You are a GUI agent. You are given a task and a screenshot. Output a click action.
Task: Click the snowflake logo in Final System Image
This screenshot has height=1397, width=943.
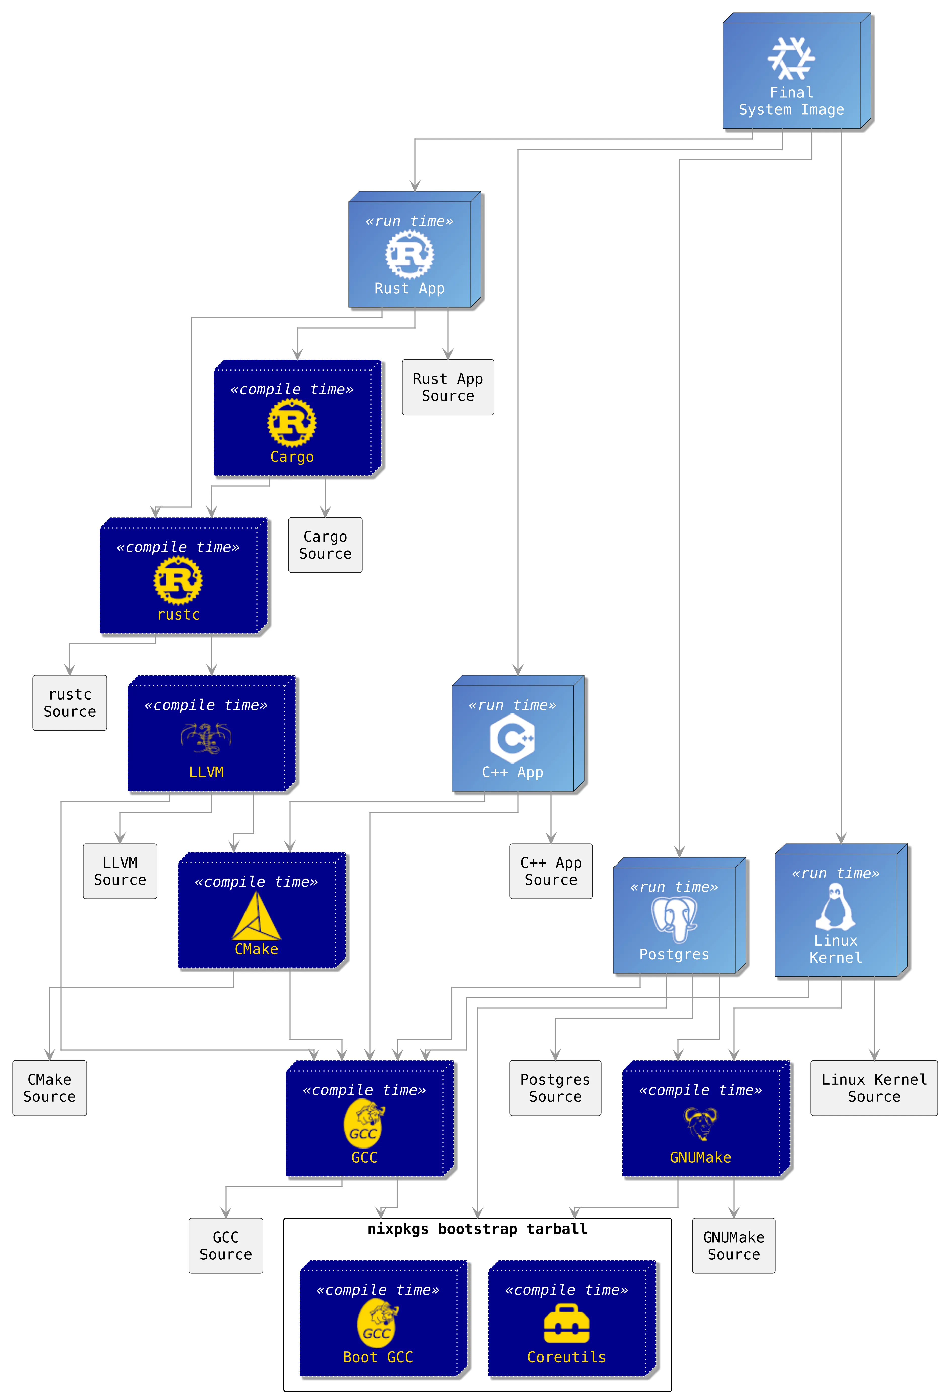pyautogui.click(x=791, y=58)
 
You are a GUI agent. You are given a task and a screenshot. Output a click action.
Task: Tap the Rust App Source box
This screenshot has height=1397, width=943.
pyautogui.click(x=448, y=387)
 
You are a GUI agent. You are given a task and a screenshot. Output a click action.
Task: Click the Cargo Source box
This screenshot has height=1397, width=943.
pyautogui.click(x=325, y=545)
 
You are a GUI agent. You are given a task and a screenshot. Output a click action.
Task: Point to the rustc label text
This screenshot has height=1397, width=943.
pyautogui.click(x=179, y=614)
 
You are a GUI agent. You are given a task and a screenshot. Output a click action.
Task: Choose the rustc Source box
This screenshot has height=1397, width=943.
pyautogui.click(x=70, y=703)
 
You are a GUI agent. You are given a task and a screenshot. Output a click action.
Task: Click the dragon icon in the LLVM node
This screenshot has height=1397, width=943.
pyautogui.click(x=206, y=738)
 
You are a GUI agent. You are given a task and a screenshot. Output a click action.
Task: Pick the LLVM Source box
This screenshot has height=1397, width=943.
pyautogui.click(x=119, y=871)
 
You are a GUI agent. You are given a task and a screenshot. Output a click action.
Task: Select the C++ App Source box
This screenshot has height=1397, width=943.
pyautogui.click(x=551, y=871)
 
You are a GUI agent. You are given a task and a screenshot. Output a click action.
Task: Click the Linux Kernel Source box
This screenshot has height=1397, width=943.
pyautogui.click(x=874, y=1088)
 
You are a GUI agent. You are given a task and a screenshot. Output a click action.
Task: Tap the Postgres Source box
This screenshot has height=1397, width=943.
pyautogui.click(x=555, y=1088)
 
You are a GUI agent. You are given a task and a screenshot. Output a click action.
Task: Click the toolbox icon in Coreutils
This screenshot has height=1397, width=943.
pyautogui.click(x=566, y=1324)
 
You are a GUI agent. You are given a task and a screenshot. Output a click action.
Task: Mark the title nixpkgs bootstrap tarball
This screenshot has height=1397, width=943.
pyautogui.click(x=477, y=1229)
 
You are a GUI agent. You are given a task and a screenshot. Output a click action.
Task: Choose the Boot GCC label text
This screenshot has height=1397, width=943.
pyautogui.click(x=378, y=1357)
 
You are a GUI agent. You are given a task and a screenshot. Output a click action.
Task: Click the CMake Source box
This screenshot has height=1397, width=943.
pyautogui.click(x=49, y=1088)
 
